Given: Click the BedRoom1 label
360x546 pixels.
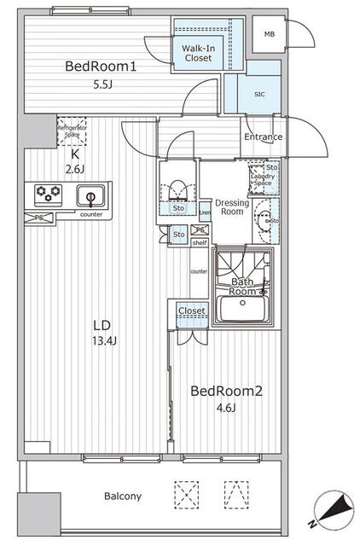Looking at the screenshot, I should (x=102, y=67).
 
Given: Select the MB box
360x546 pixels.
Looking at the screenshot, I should (x=269, y=34).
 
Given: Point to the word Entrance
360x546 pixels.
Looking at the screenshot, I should (x=264, y=136).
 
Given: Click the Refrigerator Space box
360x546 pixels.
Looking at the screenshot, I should (x=73, y=131).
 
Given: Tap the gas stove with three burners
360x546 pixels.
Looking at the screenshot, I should (x=48, y=195).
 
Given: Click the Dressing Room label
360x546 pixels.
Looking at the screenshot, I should (x=230, y=207).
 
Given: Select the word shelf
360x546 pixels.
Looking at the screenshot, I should (x=200, y=241).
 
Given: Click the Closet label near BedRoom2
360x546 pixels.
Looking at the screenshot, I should (x=191, y=311).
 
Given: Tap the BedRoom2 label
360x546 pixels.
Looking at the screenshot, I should (x=225, y=392).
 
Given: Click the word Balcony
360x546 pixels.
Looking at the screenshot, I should (x=123, y=496).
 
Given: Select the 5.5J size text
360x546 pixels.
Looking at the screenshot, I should (x=102, y=85).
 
